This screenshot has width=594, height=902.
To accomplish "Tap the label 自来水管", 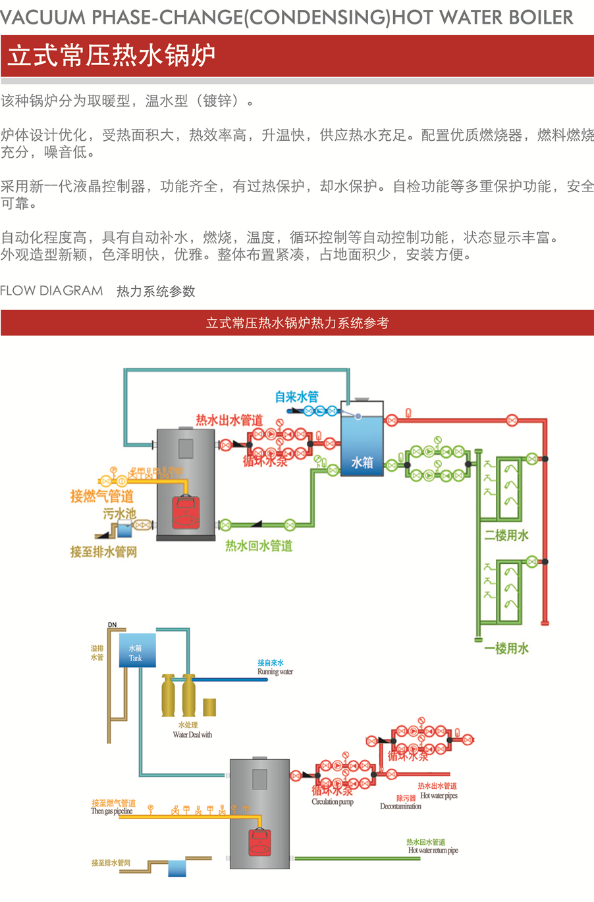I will [x=296, y=397].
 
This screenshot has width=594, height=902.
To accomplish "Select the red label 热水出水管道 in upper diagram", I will [x=229, y=420].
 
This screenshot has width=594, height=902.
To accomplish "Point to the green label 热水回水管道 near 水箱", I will [x=259, y=545].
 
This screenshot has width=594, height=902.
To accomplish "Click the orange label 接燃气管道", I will [x=102, y=496].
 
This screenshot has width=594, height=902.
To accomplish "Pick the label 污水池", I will [x=119, y=513].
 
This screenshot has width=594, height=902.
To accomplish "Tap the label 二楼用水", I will [x=506, y=535].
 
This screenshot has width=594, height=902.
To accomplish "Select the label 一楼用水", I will [x=506, y=648].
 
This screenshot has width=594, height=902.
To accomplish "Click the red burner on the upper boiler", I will [x=186, y=512].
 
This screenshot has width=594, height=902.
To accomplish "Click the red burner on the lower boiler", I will [x=259, y=842].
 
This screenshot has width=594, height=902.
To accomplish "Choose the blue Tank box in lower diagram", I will [x=137, y=651].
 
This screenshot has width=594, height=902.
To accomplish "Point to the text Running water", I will [x=275, y=672].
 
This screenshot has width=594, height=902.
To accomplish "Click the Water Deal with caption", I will [x=192, y=735].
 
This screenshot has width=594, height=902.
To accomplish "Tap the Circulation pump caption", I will [x=333, y=802].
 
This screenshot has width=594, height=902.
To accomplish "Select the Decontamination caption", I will [x=400, y=807].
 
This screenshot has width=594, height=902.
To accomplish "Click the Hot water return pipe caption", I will [x=433, y=851].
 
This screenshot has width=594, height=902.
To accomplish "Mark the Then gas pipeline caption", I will [x=112, y=811].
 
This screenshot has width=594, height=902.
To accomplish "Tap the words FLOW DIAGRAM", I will [x=51, y=291].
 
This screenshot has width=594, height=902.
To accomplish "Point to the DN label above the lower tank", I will [x=112, y=625].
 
